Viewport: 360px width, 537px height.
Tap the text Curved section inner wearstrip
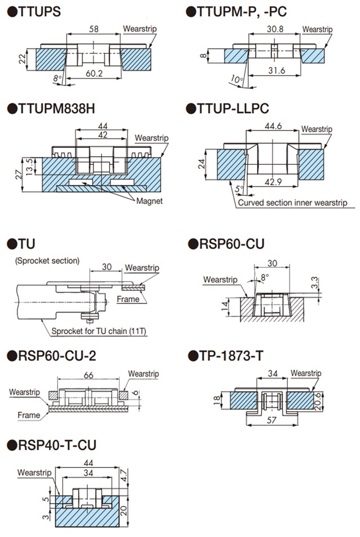pyautogui.click(x=292, y=203)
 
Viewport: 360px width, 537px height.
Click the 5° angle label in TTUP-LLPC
pyautogui.click(x=239, y=189)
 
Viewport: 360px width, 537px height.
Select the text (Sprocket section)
pyautogui.click(x=47, y=261)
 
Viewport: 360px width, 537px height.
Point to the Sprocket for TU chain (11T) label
pyautogui.click(x=99, y=331)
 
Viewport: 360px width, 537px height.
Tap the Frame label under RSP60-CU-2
pyautogui.click(x=28, y=415)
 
